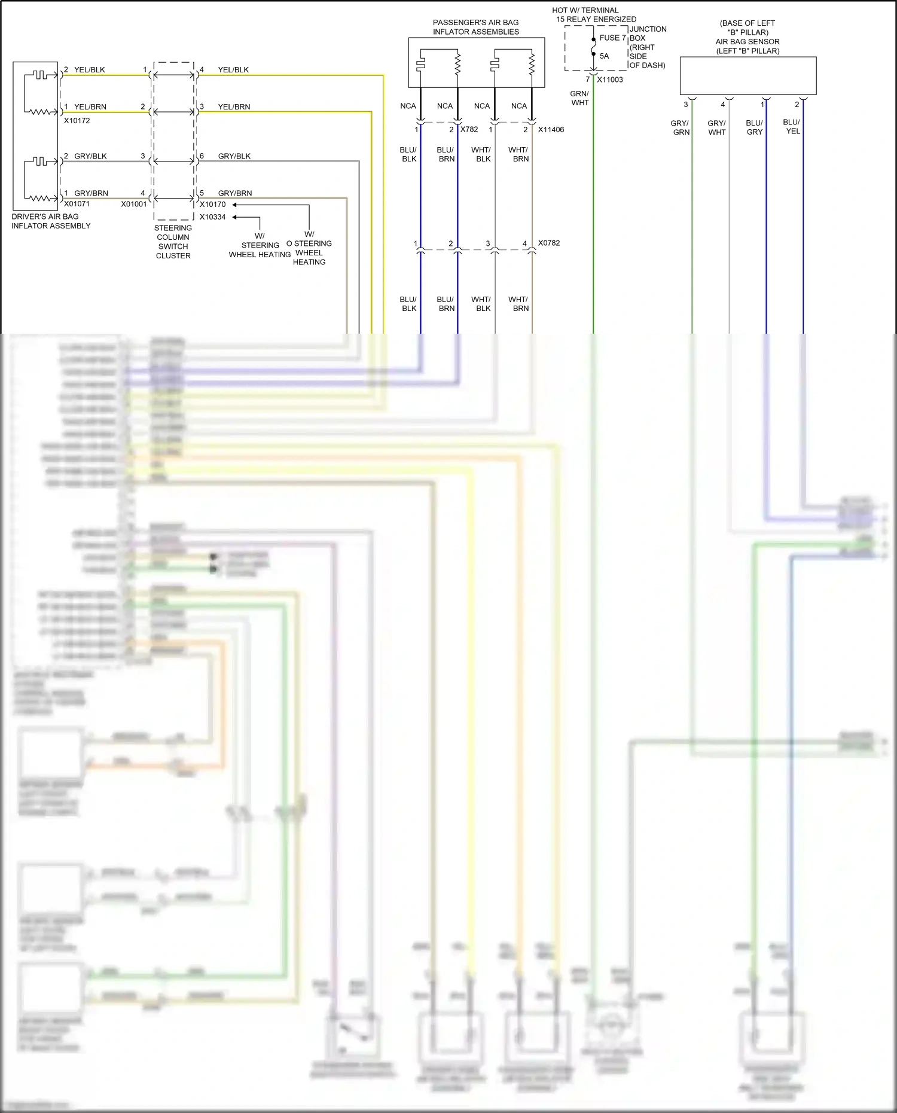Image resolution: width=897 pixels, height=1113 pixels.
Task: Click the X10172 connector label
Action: point(77,120)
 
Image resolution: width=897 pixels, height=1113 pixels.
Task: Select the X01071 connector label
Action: point(77,204)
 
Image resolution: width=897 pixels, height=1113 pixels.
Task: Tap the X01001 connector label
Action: point(133,204)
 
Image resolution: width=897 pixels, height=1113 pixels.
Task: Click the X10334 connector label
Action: point(212,217)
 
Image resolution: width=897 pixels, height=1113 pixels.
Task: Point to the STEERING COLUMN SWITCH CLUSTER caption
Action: point(173,242)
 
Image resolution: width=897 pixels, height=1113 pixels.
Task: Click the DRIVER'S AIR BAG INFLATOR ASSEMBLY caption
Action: point(51,221)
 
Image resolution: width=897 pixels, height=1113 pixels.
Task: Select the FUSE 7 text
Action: point(612,38)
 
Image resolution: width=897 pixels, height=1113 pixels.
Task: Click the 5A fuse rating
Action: point(604,56)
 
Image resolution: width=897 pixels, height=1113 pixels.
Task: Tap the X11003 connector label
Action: point(609,80)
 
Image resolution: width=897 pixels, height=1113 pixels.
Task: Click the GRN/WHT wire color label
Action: point(579,98)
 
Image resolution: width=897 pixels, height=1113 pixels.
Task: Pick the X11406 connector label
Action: point(550,129)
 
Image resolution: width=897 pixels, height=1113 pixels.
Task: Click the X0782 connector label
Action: point(548,243)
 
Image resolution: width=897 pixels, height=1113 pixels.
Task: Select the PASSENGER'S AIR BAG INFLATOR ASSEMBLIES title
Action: point(476,27)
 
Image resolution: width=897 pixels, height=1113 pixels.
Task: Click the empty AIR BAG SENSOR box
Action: point(747,76)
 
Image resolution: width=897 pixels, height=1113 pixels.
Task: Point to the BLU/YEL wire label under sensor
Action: point(792,126)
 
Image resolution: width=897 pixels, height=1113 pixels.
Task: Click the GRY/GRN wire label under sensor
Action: point(680,128)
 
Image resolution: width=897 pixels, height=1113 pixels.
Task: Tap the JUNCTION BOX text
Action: point(647,33)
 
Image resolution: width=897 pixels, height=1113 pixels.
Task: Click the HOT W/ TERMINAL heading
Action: point(585,10)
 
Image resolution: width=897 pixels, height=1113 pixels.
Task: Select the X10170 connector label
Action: point(212,204)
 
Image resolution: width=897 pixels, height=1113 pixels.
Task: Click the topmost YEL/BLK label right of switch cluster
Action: point(233,70)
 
